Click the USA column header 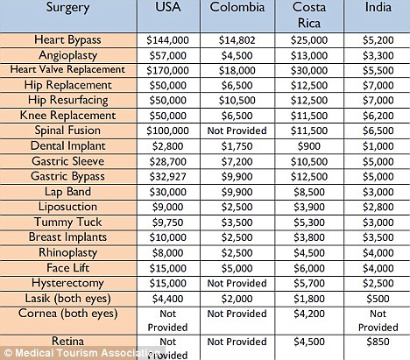pyautogui.click(x=168, y=7)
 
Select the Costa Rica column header pyautogui.click(x=309, y=15)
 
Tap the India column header pyautogui.click(x=378, y=7)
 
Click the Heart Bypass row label pyautogui.click(x=67, y=40)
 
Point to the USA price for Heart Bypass pyautogui.click(x=167, y=40)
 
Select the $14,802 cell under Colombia pyautogui.click(x=237, y=40)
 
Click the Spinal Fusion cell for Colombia pyautogui.click(x=237, y=131)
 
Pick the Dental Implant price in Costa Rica pyautogui.click(x=309, y=146)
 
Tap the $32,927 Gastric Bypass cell pyautogui.click(x=167, y=177)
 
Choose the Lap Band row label pyautogui.click(x=67, y=192)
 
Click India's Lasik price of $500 pyautogui.click(x=378, y=299)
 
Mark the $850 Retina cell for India pyautogui.click(x=378, y=342)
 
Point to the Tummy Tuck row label pyautogui.click(x=67, y=222)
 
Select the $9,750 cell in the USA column pyautogui.click(x=167, y=222)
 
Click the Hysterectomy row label pyautogui.click(x=67, y=283)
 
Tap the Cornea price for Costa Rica pyautogui.click(x=309, y=314)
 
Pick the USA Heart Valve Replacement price pyautogui.click(x=167, y=70)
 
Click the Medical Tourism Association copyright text pyautogui.click(x=82, y=353)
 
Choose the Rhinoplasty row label pyautogui.click(x=67, y=253)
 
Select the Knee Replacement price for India pyautogui.click(x=378, y=116)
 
